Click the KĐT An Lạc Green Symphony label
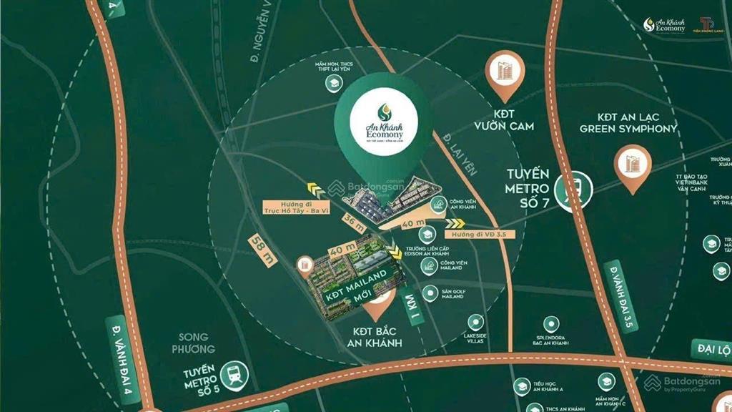tap(628, 122)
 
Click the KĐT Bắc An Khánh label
tap(377, 337)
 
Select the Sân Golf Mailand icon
tap(430, 292)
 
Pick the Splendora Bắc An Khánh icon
tap(550, 323)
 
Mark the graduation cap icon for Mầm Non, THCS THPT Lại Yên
tap(332, 84)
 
